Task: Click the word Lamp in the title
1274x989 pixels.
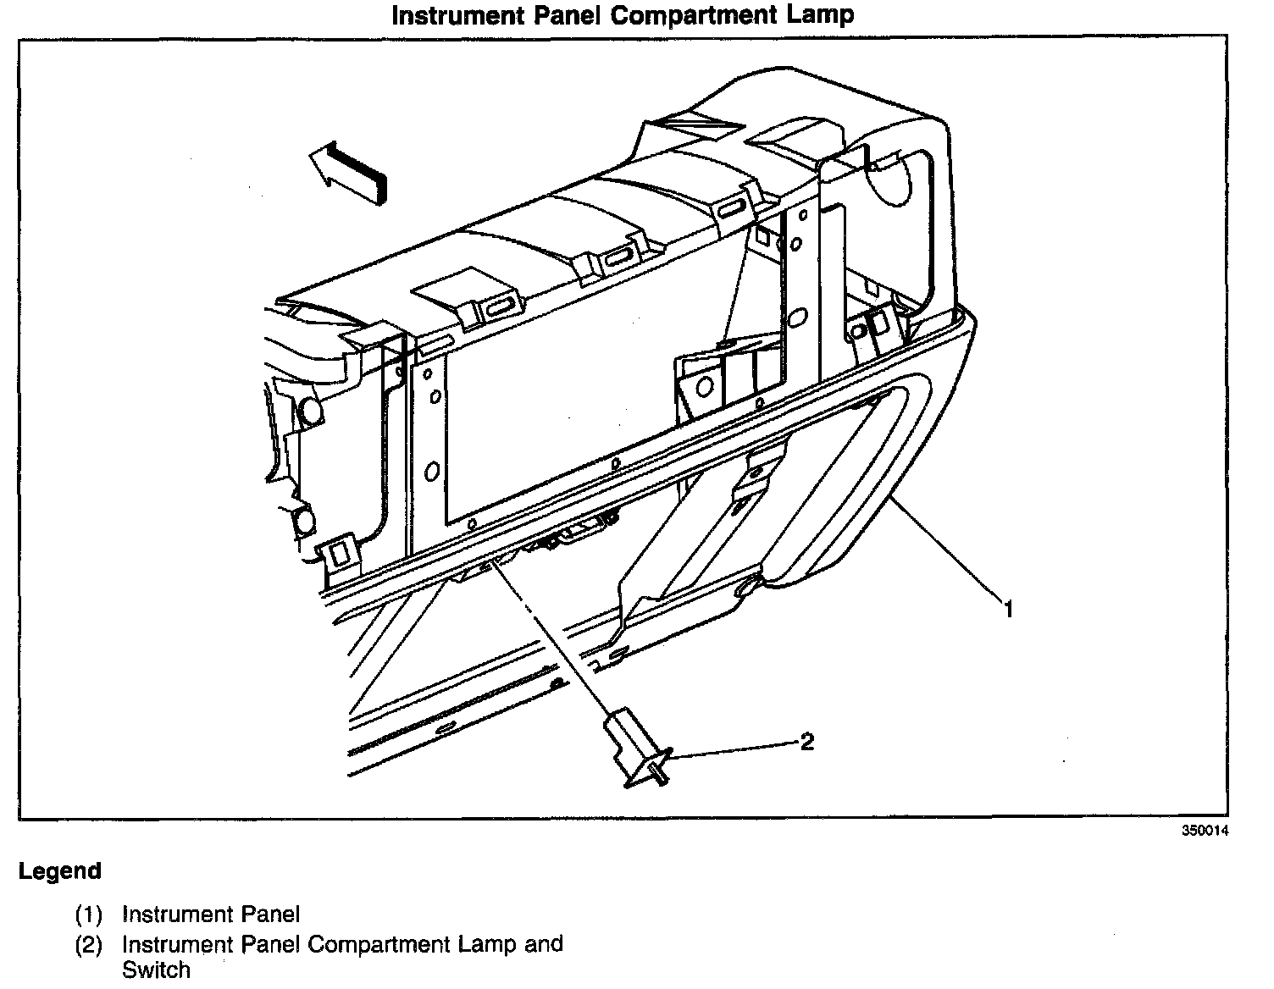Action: (x=820, y=15)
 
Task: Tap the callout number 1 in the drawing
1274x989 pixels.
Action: (x=1008, y=609)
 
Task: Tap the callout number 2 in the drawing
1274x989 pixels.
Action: (x=807, y=742)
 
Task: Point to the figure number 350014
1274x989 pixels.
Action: (x=1205, y=831)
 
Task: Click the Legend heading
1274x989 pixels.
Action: (x=60, y=871)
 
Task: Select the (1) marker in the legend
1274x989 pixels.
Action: (x=88, y=914)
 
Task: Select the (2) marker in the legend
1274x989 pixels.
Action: (x=88, y=945)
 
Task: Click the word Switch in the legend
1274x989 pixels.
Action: (x=157, y=970)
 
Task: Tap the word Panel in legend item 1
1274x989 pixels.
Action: (x=271, y=914)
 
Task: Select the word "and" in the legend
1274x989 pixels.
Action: (x=544, y=944)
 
